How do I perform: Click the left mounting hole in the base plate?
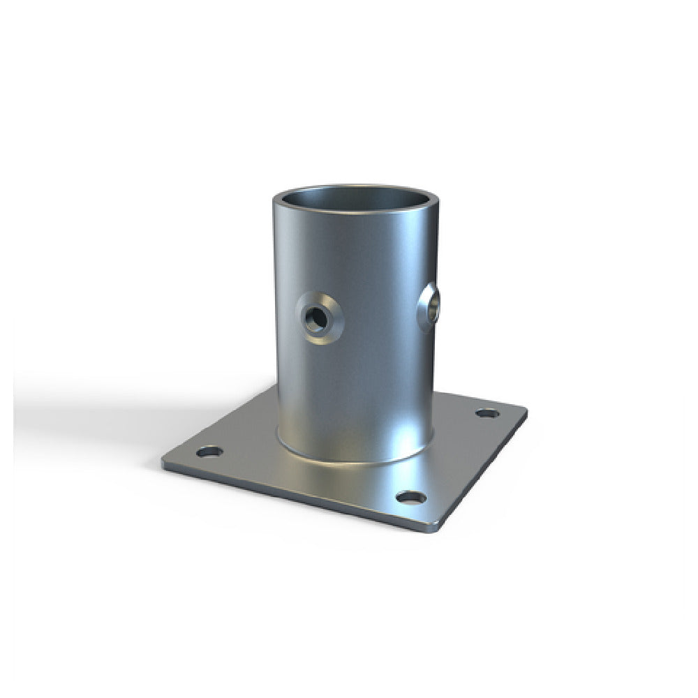click(209, 452)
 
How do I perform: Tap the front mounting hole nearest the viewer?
click(411, 497)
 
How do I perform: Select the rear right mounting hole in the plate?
click(487, 413)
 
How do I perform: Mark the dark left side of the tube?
click(283, 349)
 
